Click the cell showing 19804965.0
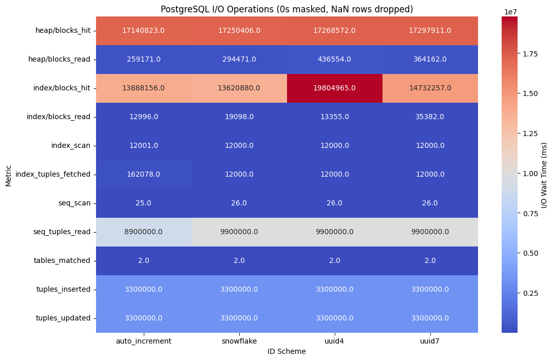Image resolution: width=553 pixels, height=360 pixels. coord(335,88)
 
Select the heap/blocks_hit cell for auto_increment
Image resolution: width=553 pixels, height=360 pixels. coord(144,30)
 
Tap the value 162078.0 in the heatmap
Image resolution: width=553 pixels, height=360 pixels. coord(144,174)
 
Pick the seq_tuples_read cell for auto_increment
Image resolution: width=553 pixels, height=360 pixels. coord(144,232)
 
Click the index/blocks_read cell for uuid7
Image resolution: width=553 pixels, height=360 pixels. coord(430,117)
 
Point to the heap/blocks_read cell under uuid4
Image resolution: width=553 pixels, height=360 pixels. coord(335,59)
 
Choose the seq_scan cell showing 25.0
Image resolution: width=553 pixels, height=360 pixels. coord(144,203)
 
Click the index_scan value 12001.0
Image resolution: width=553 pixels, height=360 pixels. coord(144,145)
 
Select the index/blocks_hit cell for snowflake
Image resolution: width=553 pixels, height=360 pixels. coord(239,88)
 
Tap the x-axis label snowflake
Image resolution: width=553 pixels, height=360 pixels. coord(239,340)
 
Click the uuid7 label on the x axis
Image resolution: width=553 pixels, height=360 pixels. coord(430,340)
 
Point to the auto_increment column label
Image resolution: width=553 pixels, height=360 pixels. coord(144,340)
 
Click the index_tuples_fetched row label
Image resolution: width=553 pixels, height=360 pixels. coord(53,174)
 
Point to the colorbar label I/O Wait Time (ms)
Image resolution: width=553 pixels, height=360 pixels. coord(544,175)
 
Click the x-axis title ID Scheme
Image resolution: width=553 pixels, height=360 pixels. coord(287,351)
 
